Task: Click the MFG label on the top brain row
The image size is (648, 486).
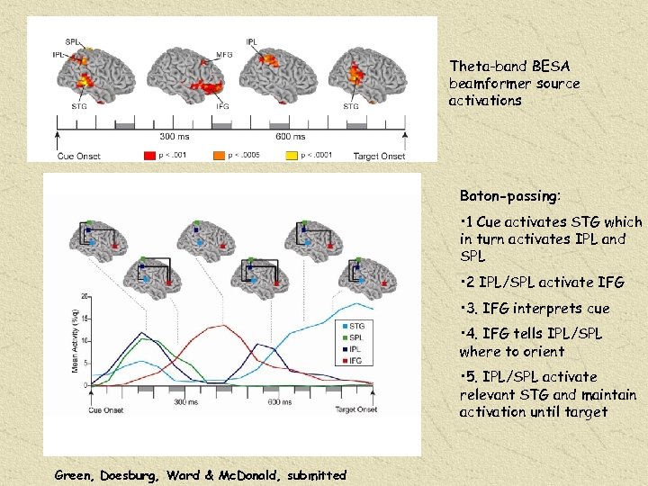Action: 225,56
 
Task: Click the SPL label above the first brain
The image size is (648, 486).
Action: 72,41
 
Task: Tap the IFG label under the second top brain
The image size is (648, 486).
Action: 222,106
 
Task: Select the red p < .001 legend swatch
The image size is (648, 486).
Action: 149,156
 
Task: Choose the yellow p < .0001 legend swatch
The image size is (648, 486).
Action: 291,156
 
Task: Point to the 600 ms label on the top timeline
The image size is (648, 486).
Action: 290,137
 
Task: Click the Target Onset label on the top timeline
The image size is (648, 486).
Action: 379,157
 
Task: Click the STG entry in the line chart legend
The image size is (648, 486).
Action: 355,326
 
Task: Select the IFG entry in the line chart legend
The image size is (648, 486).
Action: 355,360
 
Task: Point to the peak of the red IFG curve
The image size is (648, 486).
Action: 218,326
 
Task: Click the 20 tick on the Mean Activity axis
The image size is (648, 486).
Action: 85,296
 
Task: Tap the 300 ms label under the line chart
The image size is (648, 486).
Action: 186,402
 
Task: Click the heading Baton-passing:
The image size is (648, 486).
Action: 509,195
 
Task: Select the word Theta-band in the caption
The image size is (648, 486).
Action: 486,67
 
